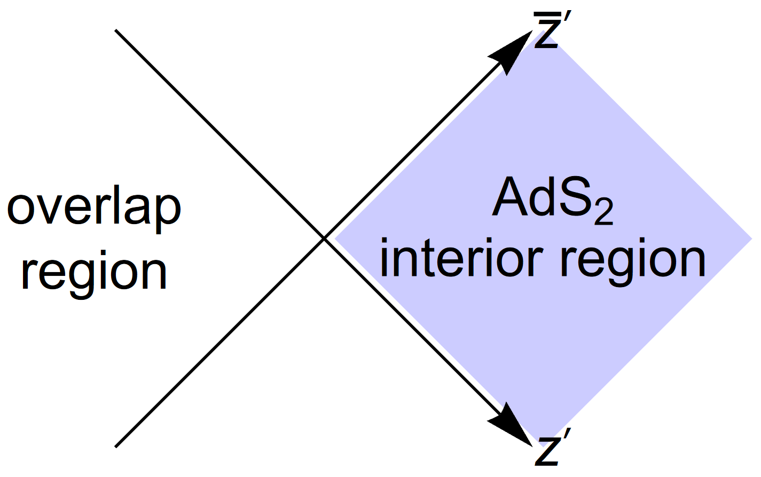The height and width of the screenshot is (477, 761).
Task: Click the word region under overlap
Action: [x=93, y=272]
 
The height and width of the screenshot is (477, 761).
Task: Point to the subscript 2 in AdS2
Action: [x=603, y=213]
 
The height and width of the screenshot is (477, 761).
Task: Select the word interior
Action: [x=460, y=260]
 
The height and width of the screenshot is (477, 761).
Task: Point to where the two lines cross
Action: [x=324, y=238]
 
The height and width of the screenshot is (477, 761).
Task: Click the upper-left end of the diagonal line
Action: [x=116, y=31]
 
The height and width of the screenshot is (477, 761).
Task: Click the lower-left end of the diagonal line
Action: [x=116, y=446]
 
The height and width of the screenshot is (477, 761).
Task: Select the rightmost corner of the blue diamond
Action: [x=751, y=238]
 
